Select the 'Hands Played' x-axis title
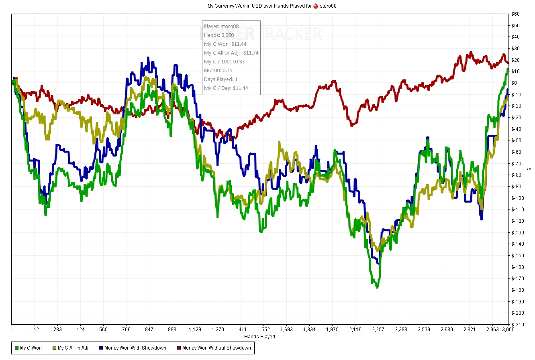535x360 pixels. pos(259,337)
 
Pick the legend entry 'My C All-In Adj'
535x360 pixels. pos(70,348)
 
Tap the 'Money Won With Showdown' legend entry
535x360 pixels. pos(133,348)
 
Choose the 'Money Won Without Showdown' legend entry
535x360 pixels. pos(214,348)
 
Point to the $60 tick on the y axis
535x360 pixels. pos(515,14)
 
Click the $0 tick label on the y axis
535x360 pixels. pos(514,83)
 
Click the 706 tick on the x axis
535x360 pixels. pos(126,329)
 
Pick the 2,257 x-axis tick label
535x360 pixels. pos(378,329)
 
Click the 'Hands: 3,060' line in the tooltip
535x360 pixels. pos(219,35)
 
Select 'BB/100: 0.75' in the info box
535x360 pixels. pos(218,71)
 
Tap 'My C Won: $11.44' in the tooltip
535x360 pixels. pos(225,44)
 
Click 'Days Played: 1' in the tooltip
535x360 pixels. pos(221,79)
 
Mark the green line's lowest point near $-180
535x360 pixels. pos(377,287)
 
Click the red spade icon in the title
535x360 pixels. pos(316,6)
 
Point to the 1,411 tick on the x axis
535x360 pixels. pos(241,329)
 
